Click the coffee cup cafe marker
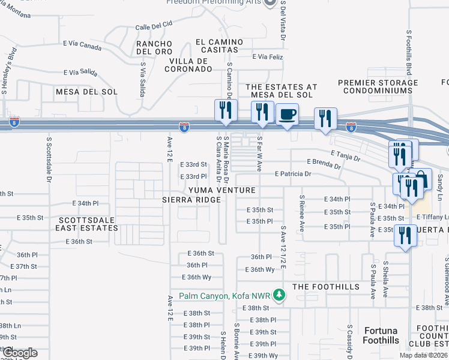pyautogui.click(x=287, y=115)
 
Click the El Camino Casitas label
pyautogui.click(x=219, y=46)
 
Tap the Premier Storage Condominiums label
pyautogui.click(x=378, y=87)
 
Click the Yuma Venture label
pyautogui.click(x=222, y=190)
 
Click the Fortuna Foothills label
pyautogui.click(x=381, y=335)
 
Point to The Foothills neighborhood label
pyautogui.click(x=326, y=287)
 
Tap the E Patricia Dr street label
pyautogui.click(x=293, y=174)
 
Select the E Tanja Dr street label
pyautogui.click(x=344, y=157)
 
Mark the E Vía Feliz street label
pyautogui.click(x=267, y=56)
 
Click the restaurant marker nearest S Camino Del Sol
pyautogui.click(x=226, y=111)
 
